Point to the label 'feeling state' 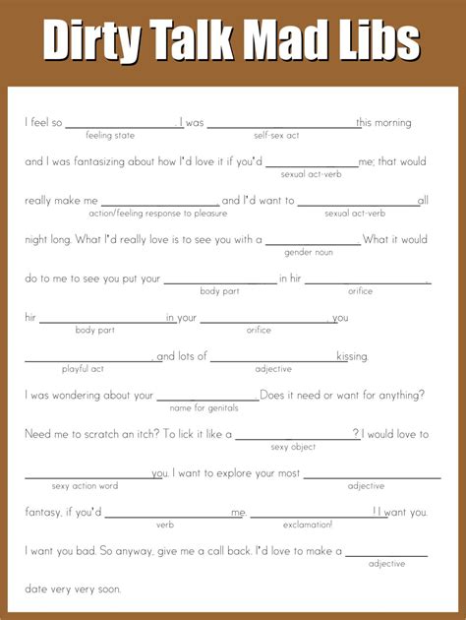(112, 135)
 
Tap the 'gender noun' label (309, 252)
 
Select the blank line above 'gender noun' (313, 243)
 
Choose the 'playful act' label (84, 368)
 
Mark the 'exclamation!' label (308, 524)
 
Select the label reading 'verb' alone (165, 524)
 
